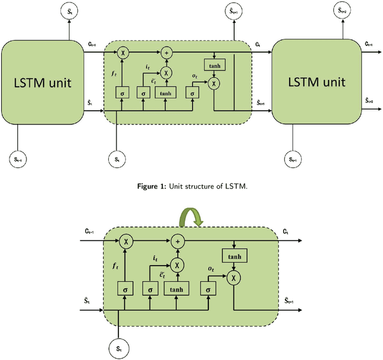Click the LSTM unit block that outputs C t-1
coord(42,82)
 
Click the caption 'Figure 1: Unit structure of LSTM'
coord(191,185)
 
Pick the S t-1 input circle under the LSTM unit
coord(20,159)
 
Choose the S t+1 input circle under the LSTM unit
coord(292,159)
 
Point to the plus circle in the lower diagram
coord(177,241)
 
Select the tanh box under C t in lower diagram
coord(235,257)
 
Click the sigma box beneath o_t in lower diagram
coord(208,289)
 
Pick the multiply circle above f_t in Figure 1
coord(122,53)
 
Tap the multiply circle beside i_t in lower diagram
coord(177,264)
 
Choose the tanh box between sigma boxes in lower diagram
coord(177,289)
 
